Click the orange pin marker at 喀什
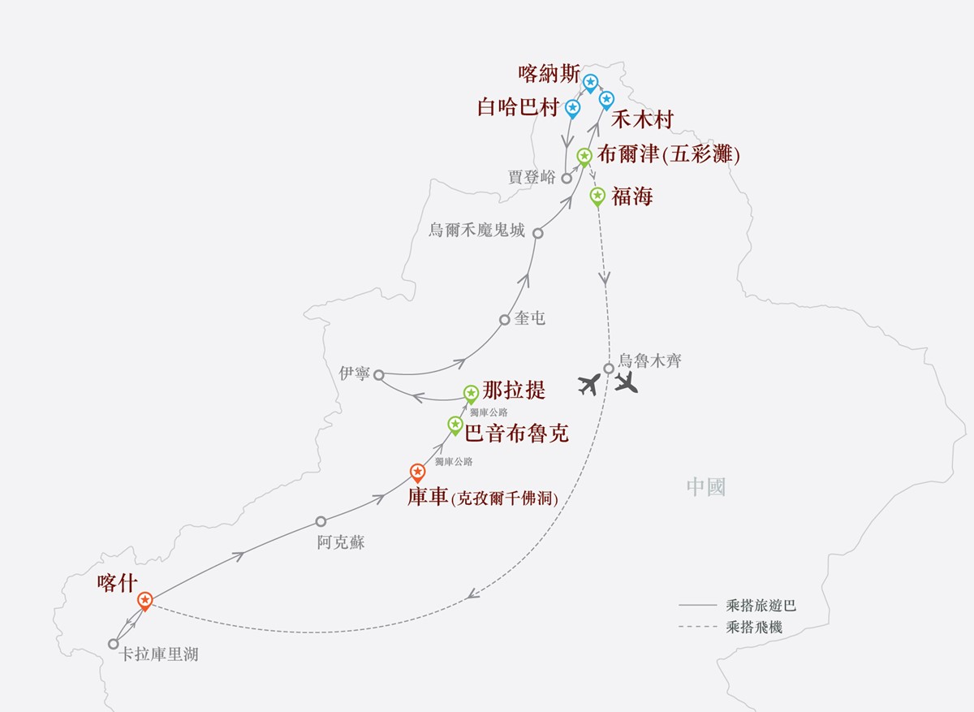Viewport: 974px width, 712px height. (144, 602)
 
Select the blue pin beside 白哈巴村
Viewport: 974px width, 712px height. (573, 109)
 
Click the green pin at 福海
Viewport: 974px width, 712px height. (597, 197)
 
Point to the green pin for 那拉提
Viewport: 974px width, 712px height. (471, 395)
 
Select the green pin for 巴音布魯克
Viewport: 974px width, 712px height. (455, 425)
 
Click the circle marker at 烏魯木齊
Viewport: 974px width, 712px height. (609, 369)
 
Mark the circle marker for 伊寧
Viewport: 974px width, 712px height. (379, 375)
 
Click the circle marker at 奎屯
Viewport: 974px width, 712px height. (504, 320)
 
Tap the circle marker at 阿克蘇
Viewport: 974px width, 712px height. (321, 521)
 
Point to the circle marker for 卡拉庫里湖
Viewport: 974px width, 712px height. (113, 644)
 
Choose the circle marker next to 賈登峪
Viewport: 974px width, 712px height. (567, 179)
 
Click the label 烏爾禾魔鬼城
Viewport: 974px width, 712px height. (476, 230)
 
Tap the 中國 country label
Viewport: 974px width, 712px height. (706, 487)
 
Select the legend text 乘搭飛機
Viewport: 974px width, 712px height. (754, 628)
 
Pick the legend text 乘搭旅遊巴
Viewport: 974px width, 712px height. (761, 606)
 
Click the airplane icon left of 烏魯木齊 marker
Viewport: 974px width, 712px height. (589, 385)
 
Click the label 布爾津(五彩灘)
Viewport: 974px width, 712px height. (668, 155)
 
